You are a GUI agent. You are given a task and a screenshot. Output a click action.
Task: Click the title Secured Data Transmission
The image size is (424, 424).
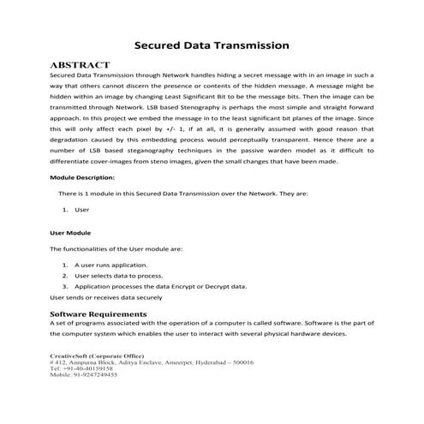[x=212, y=45]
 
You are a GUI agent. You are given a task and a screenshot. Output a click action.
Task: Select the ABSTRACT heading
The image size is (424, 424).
[x=81, y=65]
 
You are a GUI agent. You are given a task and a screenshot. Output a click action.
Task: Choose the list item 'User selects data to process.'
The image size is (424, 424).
[x=121, y=276]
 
